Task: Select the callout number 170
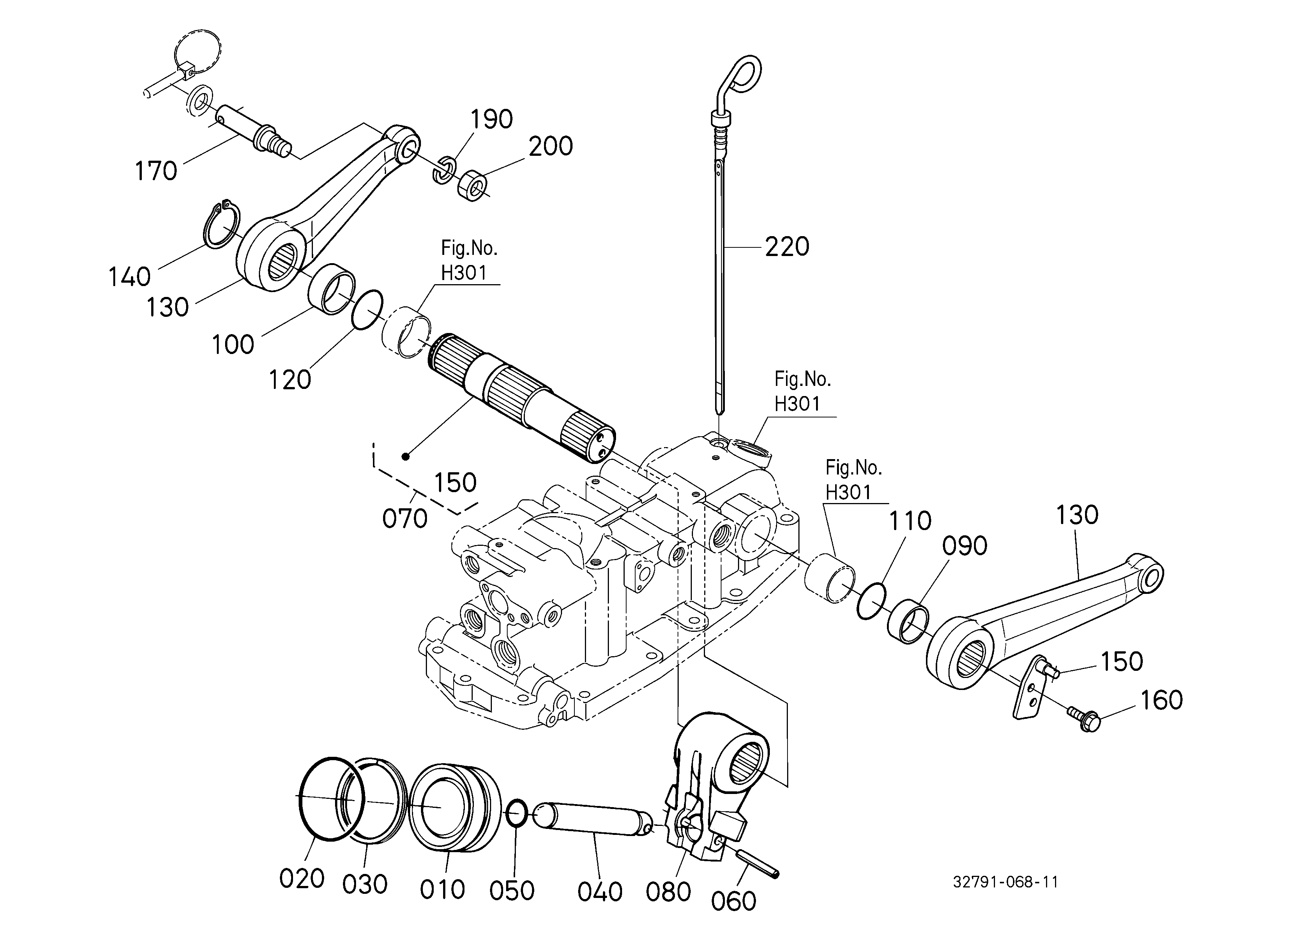pos(156,171)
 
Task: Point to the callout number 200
pos(550,146)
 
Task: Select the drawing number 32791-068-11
pos(1005,882)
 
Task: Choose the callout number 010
pos(442,890)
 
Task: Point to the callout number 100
pos(233,345)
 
